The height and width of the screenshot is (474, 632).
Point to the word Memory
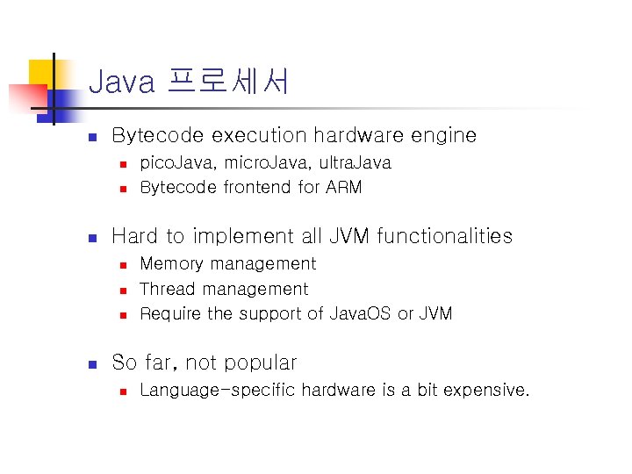click(x=171, y=263)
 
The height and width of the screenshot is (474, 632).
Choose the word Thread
click(x=166, y=289)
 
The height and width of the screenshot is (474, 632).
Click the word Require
click(x=170, y=313)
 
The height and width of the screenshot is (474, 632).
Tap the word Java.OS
click(x=360, y=313)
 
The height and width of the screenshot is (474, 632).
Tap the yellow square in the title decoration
click(x=41, y=72)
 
